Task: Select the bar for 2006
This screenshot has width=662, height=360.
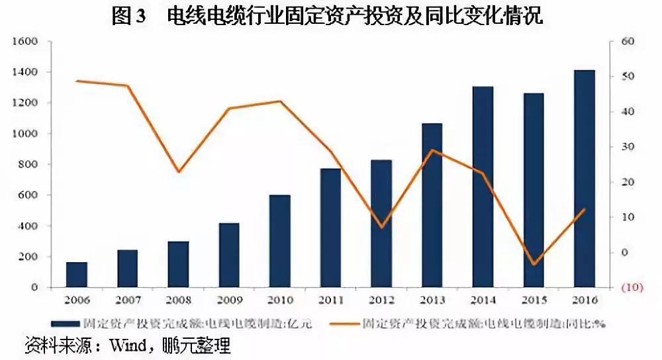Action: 76,275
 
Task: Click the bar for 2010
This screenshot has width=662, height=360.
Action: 280,242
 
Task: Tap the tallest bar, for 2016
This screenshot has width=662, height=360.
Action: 585,179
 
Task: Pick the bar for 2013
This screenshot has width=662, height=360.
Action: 432,205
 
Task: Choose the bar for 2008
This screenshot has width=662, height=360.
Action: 178,264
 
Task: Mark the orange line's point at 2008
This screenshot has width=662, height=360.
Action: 178,172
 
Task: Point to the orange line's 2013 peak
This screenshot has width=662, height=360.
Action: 432,150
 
